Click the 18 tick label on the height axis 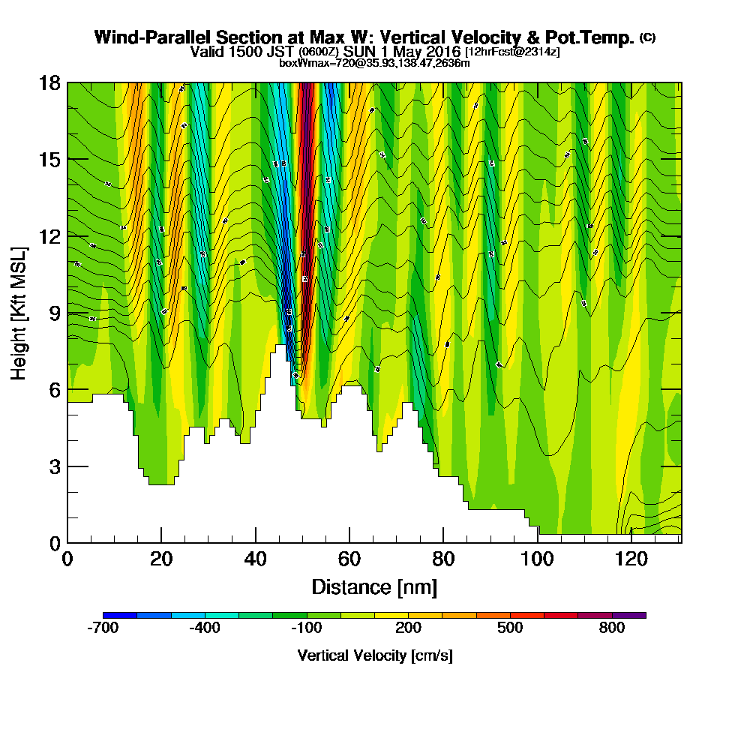click(x=49, y=82)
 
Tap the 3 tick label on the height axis click(x=54, y=466)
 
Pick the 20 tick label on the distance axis click(x=161, y=559)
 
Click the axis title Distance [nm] click(x=374, y=586)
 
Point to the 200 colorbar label click(x=409, y=628)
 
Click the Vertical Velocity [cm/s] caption click(x=374, y=655)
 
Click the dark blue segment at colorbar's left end click(x=119, y=615)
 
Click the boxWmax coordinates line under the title click(x=374, y=63)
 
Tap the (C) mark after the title click(x=647, y=37)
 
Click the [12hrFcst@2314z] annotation click(x=512, y=52)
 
